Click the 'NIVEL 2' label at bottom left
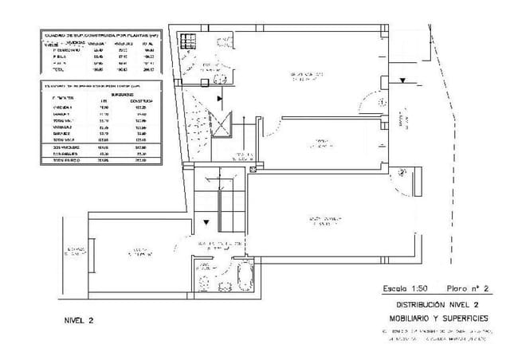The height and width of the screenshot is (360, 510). click(79, 320)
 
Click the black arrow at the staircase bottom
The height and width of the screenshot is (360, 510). click(206, 224)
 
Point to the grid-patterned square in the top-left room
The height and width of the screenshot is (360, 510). click(187, 42)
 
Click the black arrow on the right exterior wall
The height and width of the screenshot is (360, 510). click(405, 80)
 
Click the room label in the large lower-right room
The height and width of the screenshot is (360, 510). click(327, 220)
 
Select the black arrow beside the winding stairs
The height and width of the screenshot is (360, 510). click(219, 96)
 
